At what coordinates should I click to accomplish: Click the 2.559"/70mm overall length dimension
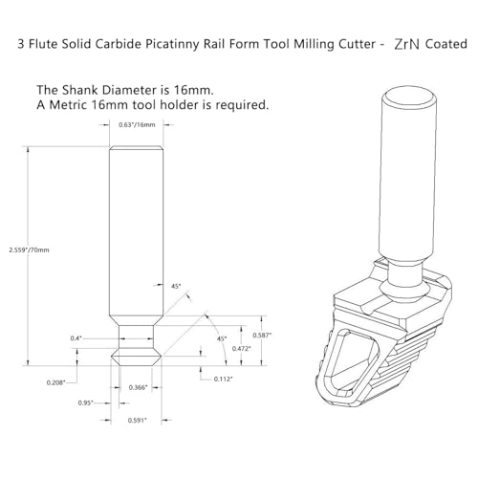(29, 250)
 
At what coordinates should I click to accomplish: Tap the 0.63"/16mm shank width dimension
(137, 125)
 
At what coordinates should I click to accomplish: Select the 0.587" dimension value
(262, 336)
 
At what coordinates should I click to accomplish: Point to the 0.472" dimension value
(241, 349)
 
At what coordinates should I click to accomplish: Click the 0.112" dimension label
(223, 379)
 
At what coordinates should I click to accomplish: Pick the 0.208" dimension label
(55, 382)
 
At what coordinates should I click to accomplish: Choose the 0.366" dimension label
(138, 387)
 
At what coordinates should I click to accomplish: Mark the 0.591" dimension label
(137, 421)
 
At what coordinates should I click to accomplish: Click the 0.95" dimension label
(85, 403)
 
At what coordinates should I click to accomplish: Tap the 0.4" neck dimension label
(76, 338)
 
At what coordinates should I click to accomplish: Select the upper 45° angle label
(176, 286)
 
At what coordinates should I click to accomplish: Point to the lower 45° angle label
(222, 338)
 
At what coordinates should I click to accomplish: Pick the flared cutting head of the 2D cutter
(136, 357)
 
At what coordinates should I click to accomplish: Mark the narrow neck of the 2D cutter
(136, 337)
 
